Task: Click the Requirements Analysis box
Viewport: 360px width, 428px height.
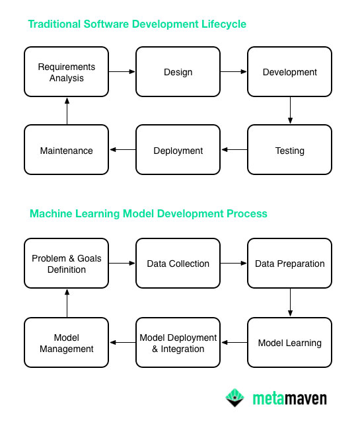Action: (x=66, y=71)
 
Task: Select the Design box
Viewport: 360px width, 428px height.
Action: (x=178, y=71)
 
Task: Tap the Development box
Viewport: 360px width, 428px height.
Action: (x=289, y=71)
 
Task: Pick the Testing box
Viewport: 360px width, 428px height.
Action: (x=289, y=150)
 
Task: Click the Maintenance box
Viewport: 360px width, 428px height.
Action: (x=66, y=150)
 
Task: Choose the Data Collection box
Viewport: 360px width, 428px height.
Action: (x=178, y=263)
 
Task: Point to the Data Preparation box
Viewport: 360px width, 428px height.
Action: (x=289, y=263)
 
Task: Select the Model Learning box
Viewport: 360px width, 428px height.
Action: (x=289, y=342)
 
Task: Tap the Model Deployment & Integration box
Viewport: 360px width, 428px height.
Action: (x=178, y=342)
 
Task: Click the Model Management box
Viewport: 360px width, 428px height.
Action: (x=66, y=342)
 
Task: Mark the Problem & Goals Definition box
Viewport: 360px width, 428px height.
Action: (x=66, y=263)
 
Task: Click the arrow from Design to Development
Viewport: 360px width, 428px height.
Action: (x=233, y=71)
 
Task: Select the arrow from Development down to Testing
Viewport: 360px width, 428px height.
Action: (x=289, y=110)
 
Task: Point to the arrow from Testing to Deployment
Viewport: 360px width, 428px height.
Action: (x=234, y=150)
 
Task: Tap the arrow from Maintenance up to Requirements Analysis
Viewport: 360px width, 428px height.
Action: (x=66, y=110)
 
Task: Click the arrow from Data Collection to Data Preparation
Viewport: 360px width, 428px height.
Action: (x=233, y=263)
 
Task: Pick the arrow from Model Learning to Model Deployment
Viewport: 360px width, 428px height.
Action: (x=234, y=342)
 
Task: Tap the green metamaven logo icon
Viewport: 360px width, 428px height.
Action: (x=235, y=398)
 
